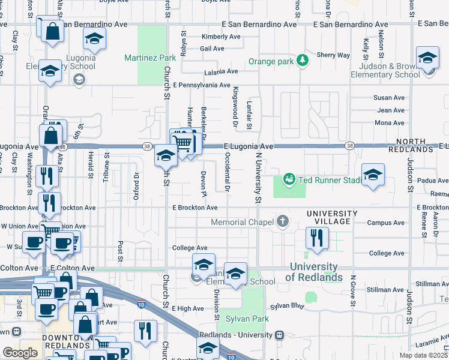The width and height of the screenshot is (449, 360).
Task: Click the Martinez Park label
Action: point(149,58)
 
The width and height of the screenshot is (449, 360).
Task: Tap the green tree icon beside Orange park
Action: point(304,60)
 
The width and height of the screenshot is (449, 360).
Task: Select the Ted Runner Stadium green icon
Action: point(289,179)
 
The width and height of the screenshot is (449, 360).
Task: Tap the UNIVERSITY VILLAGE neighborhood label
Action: point(332,218)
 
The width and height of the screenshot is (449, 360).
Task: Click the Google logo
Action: point(20,353)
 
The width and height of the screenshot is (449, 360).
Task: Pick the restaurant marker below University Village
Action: point(314,238)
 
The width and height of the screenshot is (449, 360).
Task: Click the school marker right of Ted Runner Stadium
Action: point(373,175)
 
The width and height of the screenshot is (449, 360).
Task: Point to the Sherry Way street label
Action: point(335,55)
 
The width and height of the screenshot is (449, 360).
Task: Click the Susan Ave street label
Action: point(389,98)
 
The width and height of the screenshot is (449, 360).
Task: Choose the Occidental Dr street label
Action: point(227,172)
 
